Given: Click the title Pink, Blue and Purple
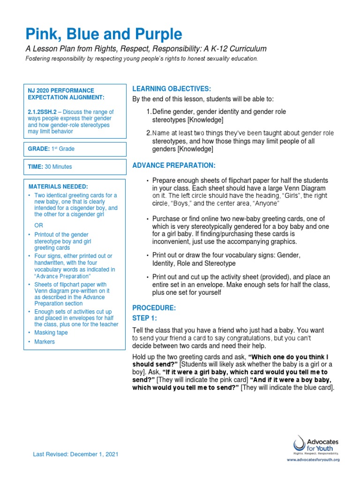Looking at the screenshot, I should tap(103, 34).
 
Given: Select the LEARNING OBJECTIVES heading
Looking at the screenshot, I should tap(172, 89).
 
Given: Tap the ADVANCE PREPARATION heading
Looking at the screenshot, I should tap(174, 165).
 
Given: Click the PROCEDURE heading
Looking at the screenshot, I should tap(154, 307).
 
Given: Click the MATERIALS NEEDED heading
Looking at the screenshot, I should tap(58, 187).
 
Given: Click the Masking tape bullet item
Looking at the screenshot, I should tap(51, 332).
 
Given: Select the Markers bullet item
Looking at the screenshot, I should tap(45, 342).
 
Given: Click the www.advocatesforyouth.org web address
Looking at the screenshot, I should tap(313, 460).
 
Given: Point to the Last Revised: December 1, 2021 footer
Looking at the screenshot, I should tap(75, 454).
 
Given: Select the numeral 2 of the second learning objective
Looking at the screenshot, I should tap(148, 134).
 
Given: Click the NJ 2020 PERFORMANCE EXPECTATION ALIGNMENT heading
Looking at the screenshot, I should tap(61, 94).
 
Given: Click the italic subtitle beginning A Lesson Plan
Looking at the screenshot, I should tap(146, 49).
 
